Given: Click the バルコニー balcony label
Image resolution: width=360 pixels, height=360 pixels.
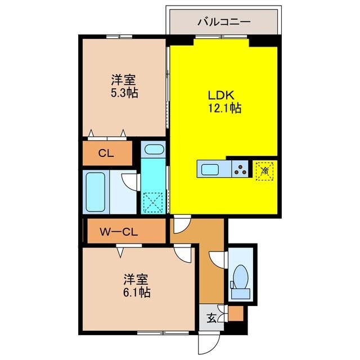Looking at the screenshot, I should [x=223, y=22].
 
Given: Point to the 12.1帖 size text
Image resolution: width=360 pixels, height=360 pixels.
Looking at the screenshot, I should [x=223, y=108].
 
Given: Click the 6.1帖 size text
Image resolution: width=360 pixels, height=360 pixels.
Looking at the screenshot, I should [x=137, y=292].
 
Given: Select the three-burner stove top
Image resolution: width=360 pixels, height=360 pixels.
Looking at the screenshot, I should [x=241, y=169].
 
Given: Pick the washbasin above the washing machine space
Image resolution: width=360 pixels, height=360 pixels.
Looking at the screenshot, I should [x=153, y=150].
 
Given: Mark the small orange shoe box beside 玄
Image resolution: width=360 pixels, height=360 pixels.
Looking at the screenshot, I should [x=235, y=313].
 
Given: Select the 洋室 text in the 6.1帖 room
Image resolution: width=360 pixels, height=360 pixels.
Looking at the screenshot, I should [x=137, y=278].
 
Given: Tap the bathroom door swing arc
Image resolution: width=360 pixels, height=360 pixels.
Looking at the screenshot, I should [x=130, y=181].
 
